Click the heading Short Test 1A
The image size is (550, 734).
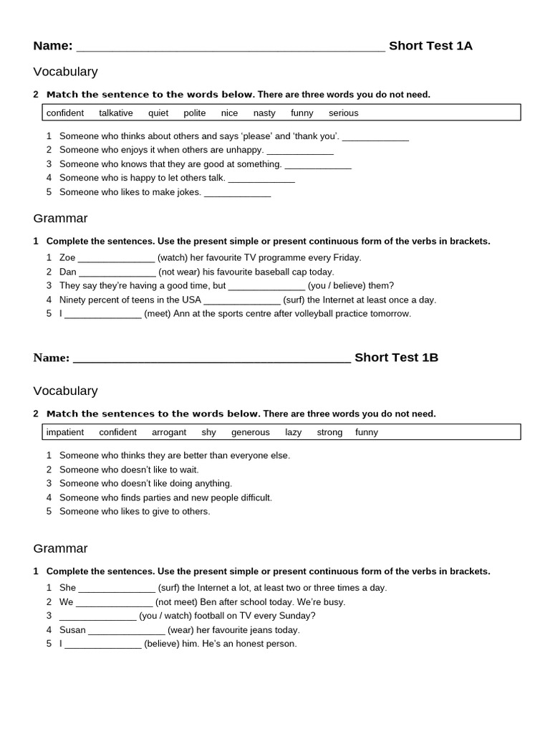(430, 46)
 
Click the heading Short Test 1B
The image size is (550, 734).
(396, 358)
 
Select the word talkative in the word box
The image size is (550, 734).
(116, 113)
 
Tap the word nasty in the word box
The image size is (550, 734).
(264, 113)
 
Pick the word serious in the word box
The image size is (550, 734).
(344, 113)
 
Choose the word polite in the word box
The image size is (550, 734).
(195, 113)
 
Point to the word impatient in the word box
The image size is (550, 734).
(65, 432)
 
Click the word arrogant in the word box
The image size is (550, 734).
(169, 432)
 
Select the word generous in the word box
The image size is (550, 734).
(251, 432)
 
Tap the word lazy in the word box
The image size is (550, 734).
(294, 432)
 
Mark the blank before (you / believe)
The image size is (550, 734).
(266, 287)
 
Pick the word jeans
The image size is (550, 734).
(255, 630)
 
